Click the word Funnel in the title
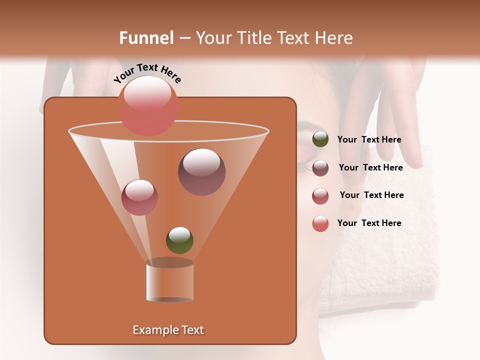(x=146, y=38)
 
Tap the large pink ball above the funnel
(x=147, y=106)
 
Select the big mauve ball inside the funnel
(x=201, y=171)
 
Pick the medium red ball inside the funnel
(x=139, y=197)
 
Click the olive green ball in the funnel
(x=179, y=240)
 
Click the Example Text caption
(x=168, y=330)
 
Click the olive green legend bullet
(x=320, y=139)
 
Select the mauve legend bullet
(x=320, y=168)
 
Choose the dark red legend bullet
(x=320, y=196)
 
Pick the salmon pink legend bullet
(x=320, y=224)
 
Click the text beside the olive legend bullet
(x=369, y=139)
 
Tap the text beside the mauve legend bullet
(x=370, y=167)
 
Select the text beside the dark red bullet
(x=371, y=195)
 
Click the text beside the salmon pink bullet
(x=369, y=223)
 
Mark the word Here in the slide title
(x=334, y=38)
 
